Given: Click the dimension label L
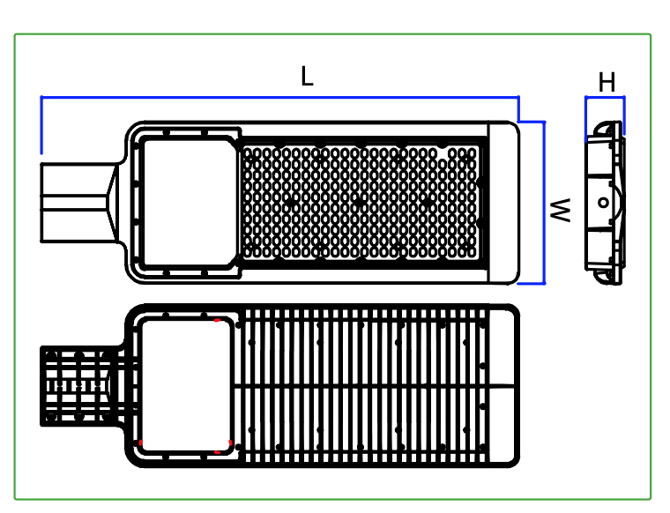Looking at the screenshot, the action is (x=307, y=77).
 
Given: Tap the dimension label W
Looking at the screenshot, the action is (x=560, y=210).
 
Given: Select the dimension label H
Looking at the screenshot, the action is (x=607, y=82).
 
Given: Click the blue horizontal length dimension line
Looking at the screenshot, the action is (x=279, y=98).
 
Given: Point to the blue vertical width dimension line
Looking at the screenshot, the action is (x=544, y=203).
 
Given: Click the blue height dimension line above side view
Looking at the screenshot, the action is (x=605, y=98).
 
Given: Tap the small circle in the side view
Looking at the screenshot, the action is (x=603, y=203).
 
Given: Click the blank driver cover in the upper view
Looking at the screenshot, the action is (x=190, y=203).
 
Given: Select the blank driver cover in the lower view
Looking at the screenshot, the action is (x=186, y=385).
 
